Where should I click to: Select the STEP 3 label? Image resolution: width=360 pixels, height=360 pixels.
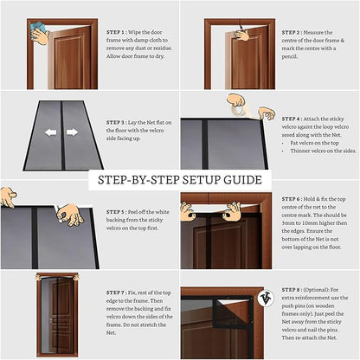pyautogui.click(x=118, y=123)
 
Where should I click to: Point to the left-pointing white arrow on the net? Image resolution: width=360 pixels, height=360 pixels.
pyautogui.click(x=50, y=132)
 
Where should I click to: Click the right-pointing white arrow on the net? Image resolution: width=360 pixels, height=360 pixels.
pyautogui.click(x=73, y=132)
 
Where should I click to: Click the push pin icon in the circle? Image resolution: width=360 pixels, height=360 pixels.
pyautogui.click(x=263, y=299)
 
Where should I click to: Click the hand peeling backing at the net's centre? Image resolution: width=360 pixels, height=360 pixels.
pyautogui.click(x=69, y=214)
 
